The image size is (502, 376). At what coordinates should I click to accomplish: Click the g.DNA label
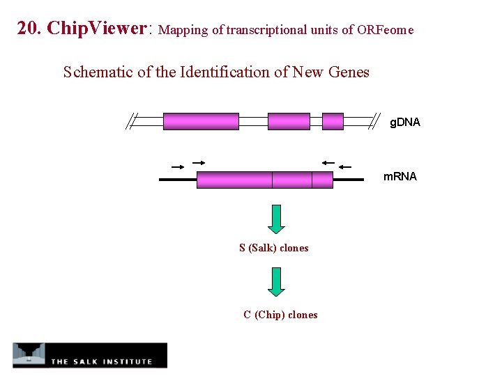coord(405,123)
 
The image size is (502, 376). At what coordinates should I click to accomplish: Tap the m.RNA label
coord(400,177)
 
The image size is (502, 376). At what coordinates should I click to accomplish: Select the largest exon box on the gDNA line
coord(201,122)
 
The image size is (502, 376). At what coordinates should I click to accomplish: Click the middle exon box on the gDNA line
coord(289,122)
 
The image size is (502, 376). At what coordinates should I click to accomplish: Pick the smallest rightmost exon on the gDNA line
coord(333,122)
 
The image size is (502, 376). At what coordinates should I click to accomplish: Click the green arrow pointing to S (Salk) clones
coord(277,219)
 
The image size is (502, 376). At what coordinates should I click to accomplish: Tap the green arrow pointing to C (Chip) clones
coord(277,282)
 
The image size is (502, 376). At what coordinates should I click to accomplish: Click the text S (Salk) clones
coord(273,248)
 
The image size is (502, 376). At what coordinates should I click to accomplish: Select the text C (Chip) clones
coord(280,315)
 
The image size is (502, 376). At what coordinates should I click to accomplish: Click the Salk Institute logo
coord(90,355)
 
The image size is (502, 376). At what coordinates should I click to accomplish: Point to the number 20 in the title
coord(27,29)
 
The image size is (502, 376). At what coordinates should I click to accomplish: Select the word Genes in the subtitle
coord(347,72)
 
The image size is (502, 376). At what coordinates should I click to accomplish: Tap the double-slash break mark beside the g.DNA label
coord(376,122)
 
